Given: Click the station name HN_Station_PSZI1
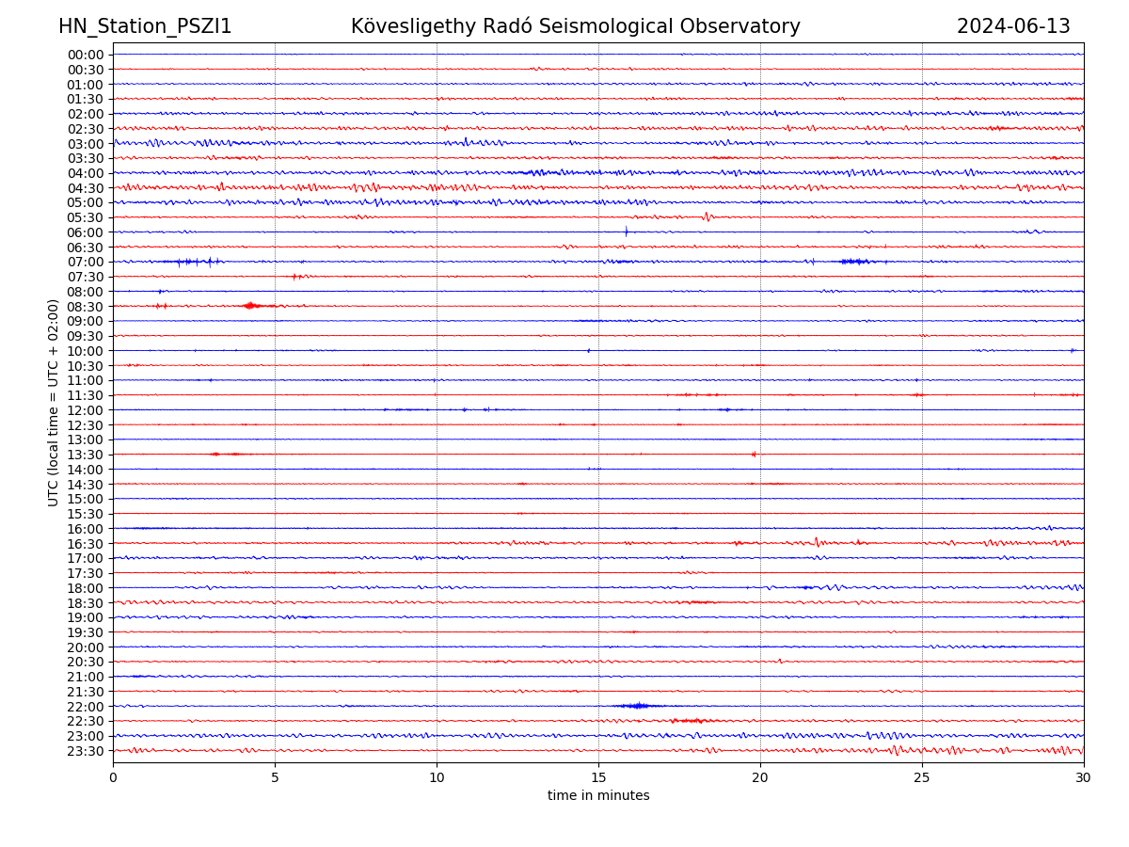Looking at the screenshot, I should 145,26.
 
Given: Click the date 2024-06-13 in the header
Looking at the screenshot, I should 1013,26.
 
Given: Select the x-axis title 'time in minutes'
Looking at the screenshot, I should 598,795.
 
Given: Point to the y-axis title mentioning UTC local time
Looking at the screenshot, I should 54,402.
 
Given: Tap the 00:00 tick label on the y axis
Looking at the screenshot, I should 86,55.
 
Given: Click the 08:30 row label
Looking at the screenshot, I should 86,307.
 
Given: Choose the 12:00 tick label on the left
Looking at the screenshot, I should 86,410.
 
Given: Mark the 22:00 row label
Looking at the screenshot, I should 86,707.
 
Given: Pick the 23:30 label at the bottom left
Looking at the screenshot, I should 86,751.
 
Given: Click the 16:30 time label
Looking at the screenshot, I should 86,544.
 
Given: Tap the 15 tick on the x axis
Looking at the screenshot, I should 598,777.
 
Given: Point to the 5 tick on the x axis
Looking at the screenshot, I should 275,777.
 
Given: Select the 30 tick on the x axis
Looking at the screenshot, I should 1084,777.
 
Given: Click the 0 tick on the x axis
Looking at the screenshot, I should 113,777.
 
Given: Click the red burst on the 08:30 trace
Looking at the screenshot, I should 250,305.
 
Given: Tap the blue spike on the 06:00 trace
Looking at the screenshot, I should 626,232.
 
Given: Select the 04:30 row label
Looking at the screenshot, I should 86,188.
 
